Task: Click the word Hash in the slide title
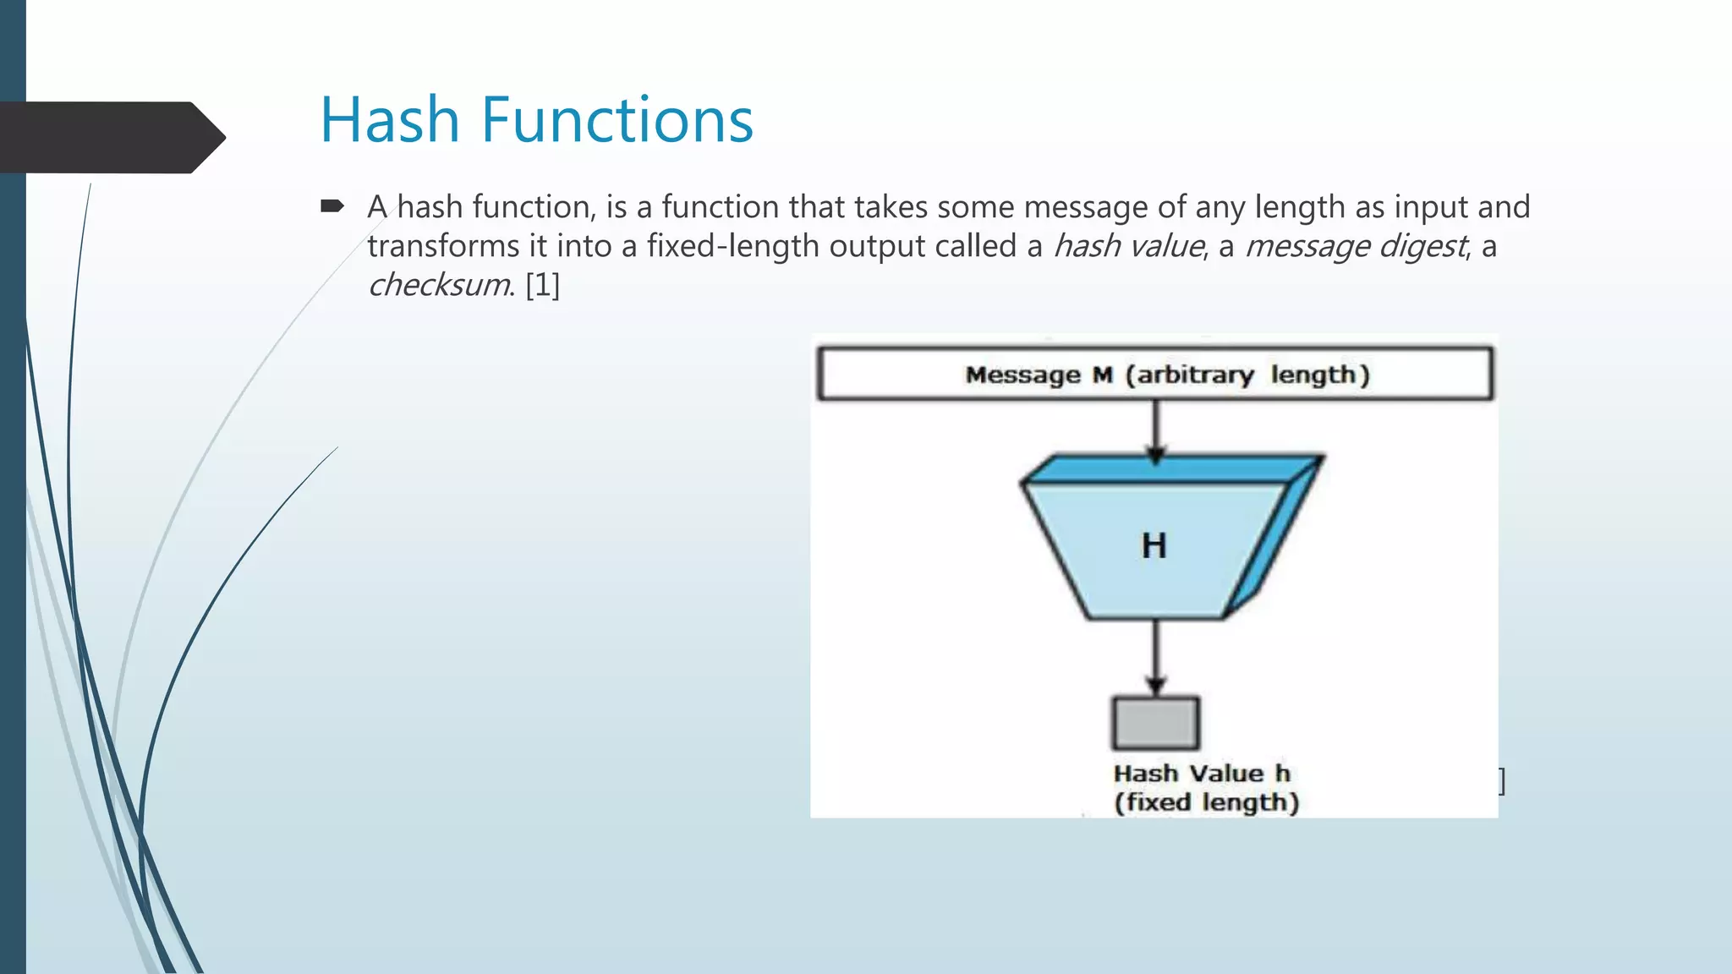click(390, 120)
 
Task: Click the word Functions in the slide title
click(617, 120)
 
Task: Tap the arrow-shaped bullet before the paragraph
click(332, 206)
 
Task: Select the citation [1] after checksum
click(542, 285)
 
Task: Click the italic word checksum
click(438, 285)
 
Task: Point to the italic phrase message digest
click(1356, 246)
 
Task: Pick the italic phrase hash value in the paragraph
click(1128, 246)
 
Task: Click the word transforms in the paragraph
click(443, 246)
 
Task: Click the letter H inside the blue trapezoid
click(1154, 546)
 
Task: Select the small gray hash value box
click(1155, 723)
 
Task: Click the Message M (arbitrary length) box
click(1155, 374)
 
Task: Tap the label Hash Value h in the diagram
click(1201, 774)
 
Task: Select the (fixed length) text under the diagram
click(1206, 802)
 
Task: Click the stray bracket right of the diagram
click(1502, 781)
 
